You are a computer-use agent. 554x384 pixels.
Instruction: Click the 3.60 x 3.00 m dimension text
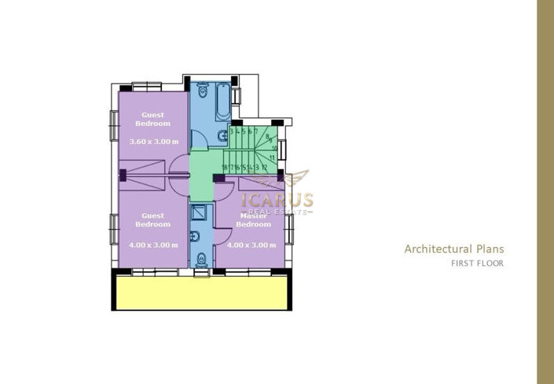click(x=153, y=142)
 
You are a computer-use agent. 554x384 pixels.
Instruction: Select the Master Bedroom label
click(x=253, y=220)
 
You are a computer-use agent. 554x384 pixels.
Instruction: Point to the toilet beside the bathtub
click(x=203, y=93)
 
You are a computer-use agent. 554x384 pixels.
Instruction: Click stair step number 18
click(x=225, y=168)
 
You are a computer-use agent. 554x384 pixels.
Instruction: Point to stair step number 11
click(x=272, y=157)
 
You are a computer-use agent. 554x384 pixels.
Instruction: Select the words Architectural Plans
click(x=454, y=249)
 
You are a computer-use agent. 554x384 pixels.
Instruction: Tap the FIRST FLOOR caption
click(x=477, y=264)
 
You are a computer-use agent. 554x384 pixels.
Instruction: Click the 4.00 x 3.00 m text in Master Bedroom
click(x=251, y=245)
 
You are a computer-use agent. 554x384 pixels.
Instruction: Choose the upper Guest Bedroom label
click(x=152, y=119)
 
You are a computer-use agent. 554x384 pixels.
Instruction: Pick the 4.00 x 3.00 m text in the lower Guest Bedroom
click(x=153, y=245)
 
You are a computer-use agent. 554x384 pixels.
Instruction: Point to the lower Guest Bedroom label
click(x=152, y=220)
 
